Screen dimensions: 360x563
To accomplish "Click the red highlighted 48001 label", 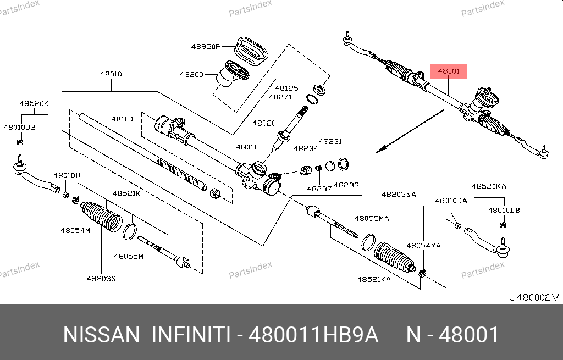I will click(x=449, y=71).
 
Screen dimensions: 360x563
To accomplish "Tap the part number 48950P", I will click(x=206, y=47).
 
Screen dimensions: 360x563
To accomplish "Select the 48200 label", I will click(x=191, y=74).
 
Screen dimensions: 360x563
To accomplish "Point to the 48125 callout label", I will click(x=286, y=88).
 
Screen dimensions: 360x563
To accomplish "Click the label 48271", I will click(x=280, y=97).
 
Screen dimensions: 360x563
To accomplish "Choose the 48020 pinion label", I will click(x=265, y=123).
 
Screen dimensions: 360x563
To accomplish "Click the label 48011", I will click(x=247, y=147).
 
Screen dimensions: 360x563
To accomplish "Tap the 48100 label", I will click(x=122, y=119).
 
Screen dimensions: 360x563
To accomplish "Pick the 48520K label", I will click(x=34, y=103).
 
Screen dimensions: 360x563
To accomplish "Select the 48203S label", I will click(x=101, y=278).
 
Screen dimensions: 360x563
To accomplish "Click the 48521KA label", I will click(x=374, y=279).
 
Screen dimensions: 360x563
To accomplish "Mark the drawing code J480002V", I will click(x=534, y=297).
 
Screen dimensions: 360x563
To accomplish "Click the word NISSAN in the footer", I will click(x=102, y=335).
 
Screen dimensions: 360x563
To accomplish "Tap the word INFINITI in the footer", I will click(x=190, y=335).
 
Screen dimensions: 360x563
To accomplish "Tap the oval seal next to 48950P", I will click(x=251, y=51).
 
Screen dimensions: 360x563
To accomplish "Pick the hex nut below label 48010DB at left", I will click(x=19, y=143).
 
